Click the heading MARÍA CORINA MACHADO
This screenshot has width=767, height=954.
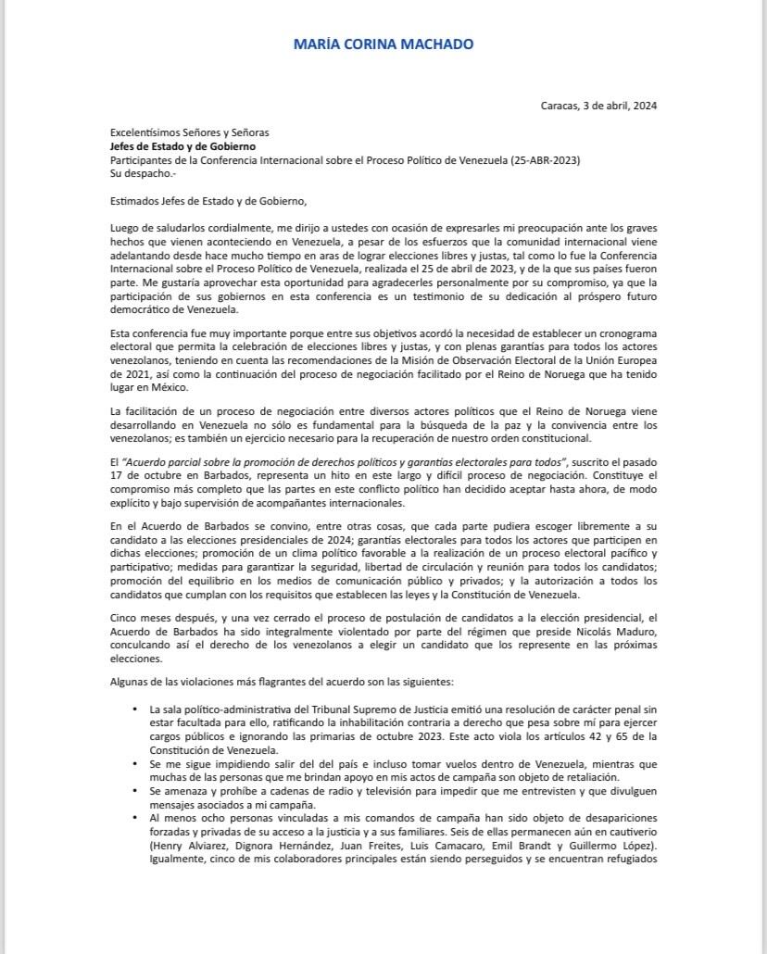[x=383, y=44]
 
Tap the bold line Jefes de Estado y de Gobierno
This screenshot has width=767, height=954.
[x=183, y=146]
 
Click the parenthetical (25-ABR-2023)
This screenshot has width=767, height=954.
[x=546, y=160]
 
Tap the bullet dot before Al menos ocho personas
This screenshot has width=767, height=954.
[x=136, y=819]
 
